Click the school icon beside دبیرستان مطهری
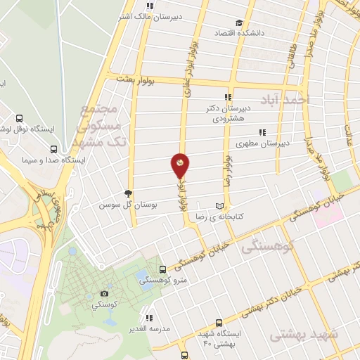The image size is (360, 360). [262, 131]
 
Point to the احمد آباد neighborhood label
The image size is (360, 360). [285, 99]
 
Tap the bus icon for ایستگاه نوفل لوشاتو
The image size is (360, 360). [18, 119]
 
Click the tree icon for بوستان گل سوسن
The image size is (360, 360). [127, 193]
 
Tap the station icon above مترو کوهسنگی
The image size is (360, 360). [162, 269]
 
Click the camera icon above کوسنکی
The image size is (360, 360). [105, 293]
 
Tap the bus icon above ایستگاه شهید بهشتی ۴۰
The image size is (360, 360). [219, 322]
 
